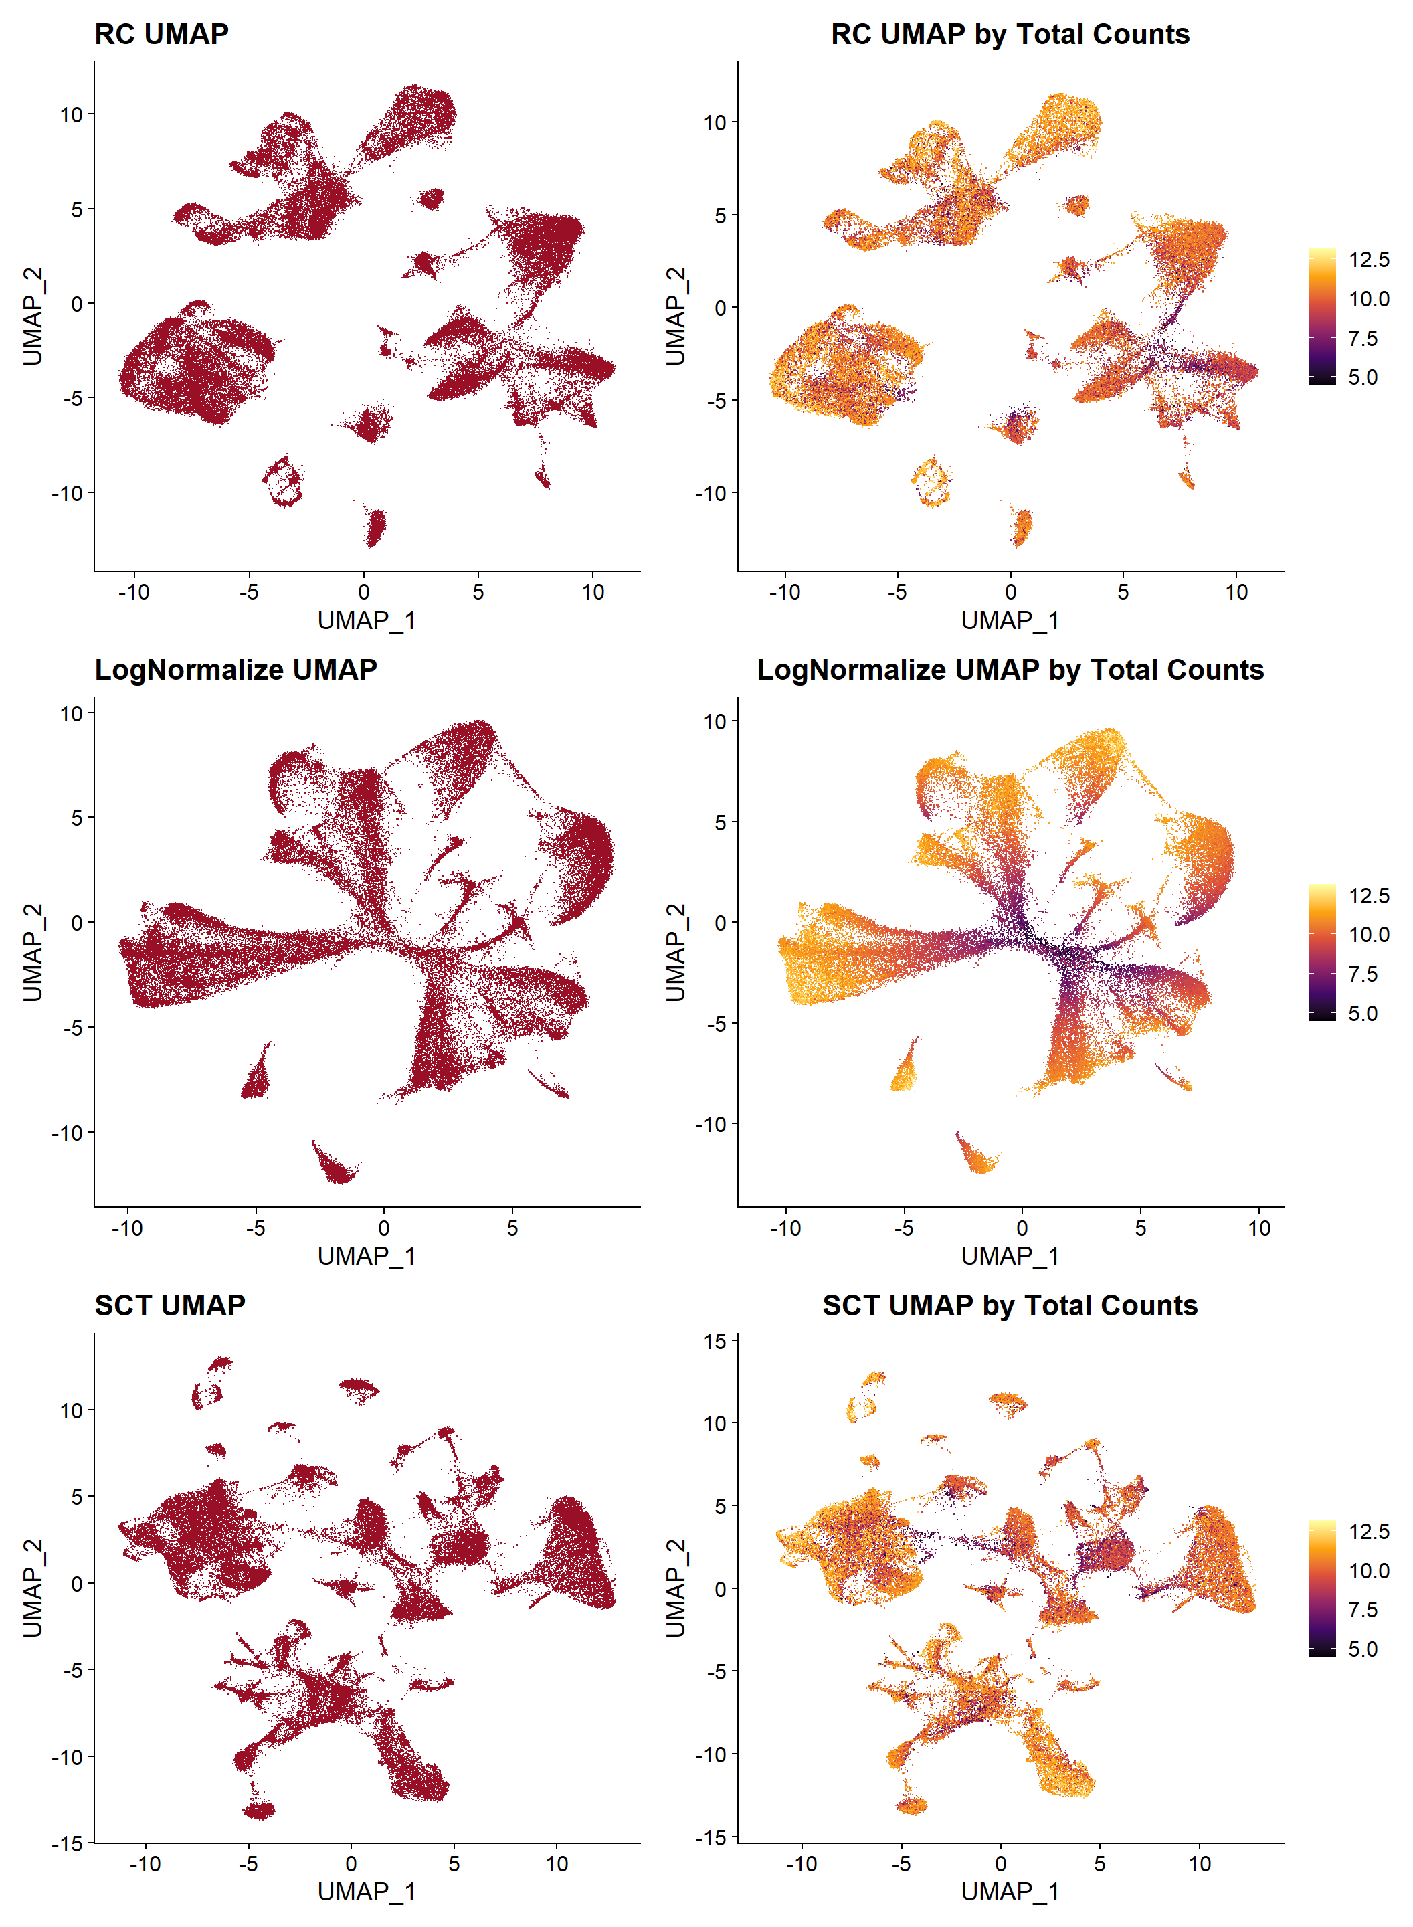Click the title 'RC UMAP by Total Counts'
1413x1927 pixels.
pos(1010,34)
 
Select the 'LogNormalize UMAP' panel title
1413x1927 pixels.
pos(235,670)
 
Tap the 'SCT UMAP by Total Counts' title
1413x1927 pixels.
pos(1010,1305)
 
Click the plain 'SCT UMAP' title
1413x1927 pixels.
pos(169,1305)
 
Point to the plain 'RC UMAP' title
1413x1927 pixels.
pos(161,34)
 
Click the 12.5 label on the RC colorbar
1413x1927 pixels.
pos(1369,260)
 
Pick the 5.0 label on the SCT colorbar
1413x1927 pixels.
pos(1363,1649)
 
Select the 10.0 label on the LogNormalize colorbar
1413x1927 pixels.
pos(1369,935)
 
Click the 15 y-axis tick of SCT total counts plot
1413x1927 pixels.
pos(715,1341)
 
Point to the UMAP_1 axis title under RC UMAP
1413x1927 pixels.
pos(366,620)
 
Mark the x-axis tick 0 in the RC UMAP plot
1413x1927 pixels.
pos(363,592)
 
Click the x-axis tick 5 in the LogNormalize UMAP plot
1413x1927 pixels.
pos(512,1228)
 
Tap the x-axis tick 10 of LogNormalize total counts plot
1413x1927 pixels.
pos(1258,1228)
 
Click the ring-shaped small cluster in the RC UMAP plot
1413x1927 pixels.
pos(282,482)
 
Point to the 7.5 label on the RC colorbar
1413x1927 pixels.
pos(1363,339)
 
